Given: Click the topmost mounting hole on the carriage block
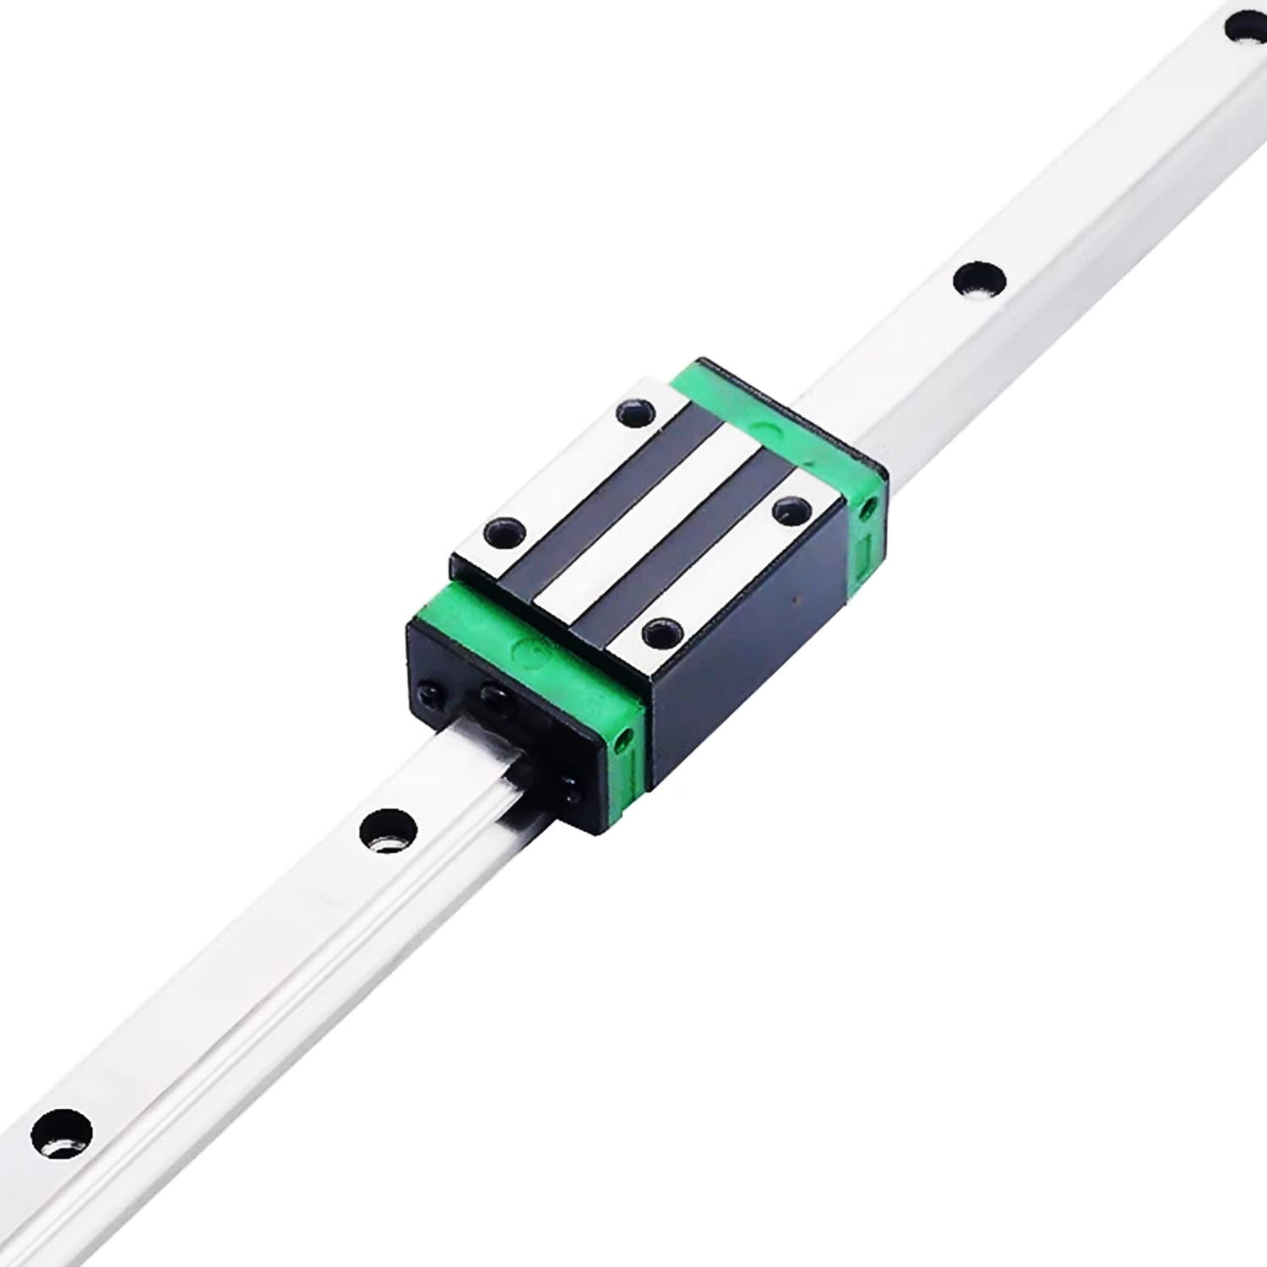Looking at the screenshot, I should click(x=636, y=413).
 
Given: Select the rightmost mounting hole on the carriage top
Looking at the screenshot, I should click(x=791, y=509).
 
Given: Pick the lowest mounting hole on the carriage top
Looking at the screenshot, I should click(x=661, y=631).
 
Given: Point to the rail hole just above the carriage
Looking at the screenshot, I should click(x=979, y=279).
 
